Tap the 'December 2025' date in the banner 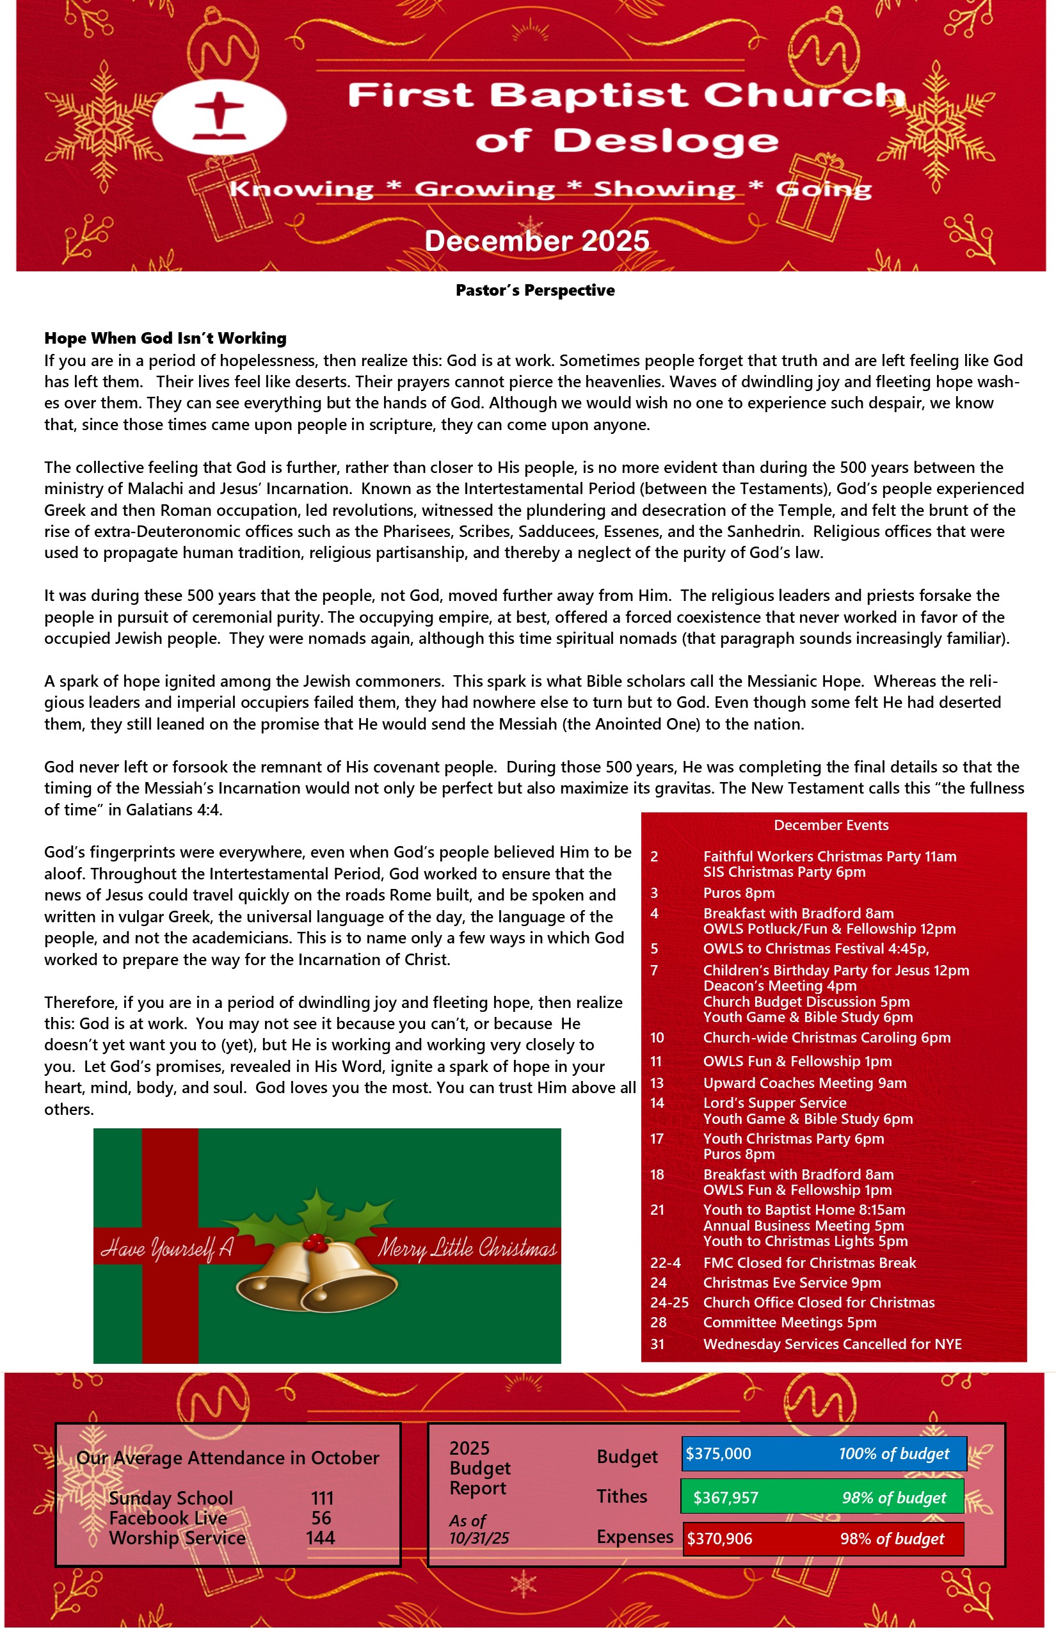pyautogui.click(x=536, y=241)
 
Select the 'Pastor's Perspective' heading pyautogui.click(x=535, y=290)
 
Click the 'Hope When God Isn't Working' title pyautogui.click(x=165, y=338)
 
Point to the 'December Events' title pyautogui.click(x=831, y=825)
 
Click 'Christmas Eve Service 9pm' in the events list pyautogui.click(x=791, y=1283)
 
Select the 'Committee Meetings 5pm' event pyautogui.click(x=789, y=1322)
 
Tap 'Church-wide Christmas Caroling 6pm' pyautogui.click(x=826, y=1037)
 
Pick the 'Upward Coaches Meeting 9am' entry pyautogui.click(x=804, y=1083)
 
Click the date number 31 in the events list pyautogui.click(x=657, y=1344)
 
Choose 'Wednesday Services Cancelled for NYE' pyautogui.click(x=832, y=1344)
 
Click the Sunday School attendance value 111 pyautogui.click(x=321, y=1498)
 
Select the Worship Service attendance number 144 pyautogui.click(x=320, y=1538)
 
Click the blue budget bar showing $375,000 pyautogui.click(x=824, y=1453)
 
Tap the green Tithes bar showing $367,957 pyautogui.click(x=822, y=1498)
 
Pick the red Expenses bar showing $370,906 pyautogui.click(x=823, y=1539)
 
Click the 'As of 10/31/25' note pyautogui.click(x=479, y=1529)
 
